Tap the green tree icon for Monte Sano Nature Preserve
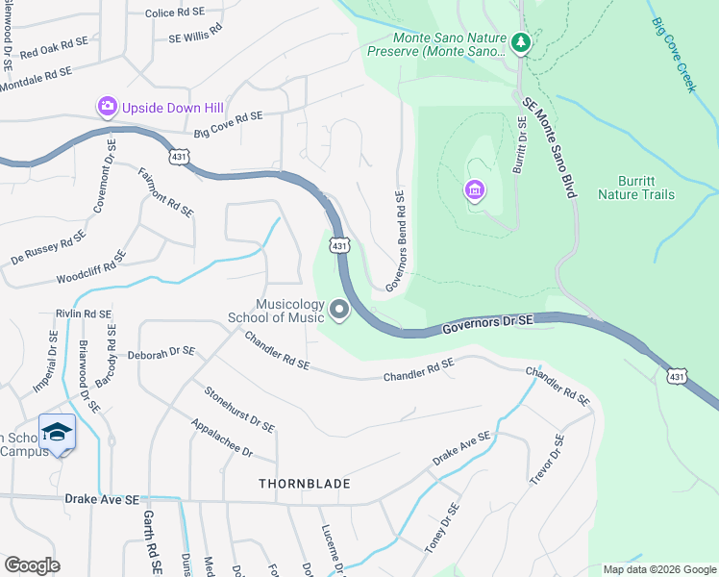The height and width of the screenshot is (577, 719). [520, 42]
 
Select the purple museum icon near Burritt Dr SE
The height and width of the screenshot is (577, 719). [474, 191]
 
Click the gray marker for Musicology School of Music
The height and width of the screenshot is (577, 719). [338, 310]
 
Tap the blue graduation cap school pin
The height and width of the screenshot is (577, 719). [58, 433]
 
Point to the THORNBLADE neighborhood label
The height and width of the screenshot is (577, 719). [304, 484]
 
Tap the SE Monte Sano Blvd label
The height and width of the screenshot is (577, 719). [549, 148]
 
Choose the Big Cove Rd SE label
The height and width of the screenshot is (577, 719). [228, 126]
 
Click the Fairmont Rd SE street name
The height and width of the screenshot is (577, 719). [166, 191]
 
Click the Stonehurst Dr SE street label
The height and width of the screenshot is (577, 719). [238, 409]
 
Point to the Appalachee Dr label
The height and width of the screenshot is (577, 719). [220, 439]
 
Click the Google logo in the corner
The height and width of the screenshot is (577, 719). [32, 565]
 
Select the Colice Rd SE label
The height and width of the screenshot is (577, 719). [174, 13]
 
